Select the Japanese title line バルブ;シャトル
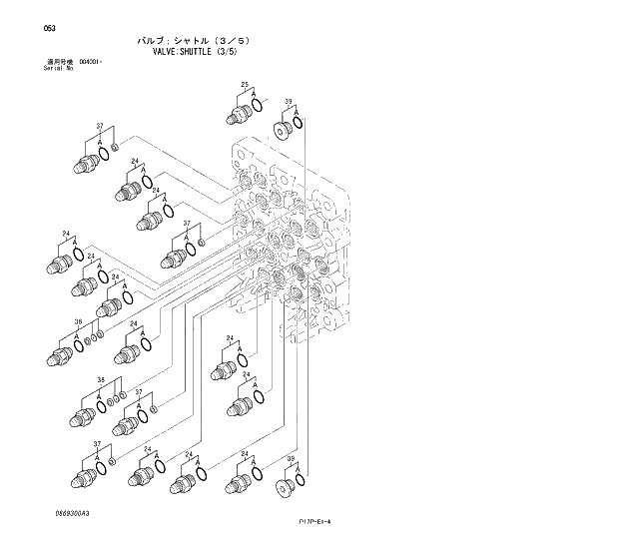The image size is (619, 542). tap(184, 40)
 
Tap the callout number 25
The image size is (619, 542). tap(245, 85)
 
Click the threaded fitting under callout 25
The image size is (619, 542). tap(237, 112)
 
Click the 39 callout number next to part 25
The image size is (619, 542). tap(288, 102)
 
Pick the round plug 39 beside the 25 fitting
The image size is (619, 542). tap(285, 129)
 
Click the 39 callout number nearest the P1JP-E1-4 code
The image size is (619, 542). tap(291, 458)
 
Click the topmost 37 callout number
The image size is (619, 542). tap(99, 126)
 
